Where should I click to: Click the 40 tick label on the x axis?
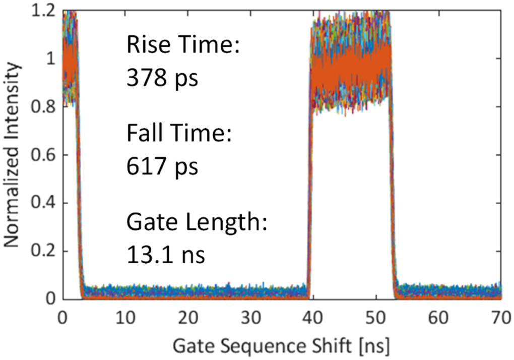pyautogui.click(x=313, y=319)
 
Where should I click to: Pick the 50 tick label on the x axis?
pyautogui.click(x=376, y=319)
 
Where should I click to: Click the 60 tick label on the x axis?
pyautogui.click(x=439, y=319)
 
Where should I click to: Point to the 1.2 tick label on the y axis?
pyautogui.click(x=43, y=11)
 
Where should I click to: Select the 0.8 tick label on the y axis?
pyautogui.click(x=43, y=107)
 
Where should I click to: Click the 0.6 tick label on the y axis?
pyautogui.click(x=43, y=155)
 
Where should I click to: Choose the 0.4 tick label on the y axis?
pyautogui.click(x=43, y=203)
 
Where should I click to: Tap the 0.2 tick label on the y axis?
pyautogui.click(x=43, y=251)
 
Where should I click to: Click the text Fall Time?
pyautogui.click(x=178, y=135)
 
